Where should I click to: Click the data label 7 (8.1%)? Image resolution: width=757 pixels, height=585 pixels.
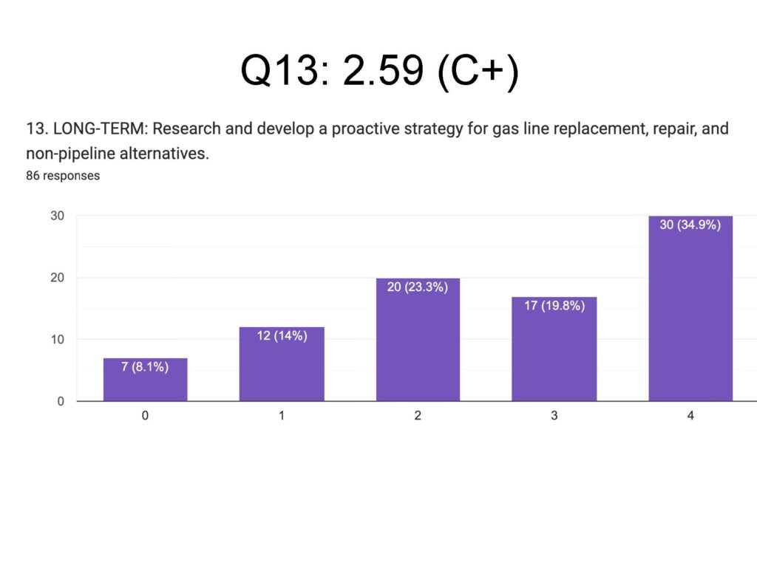pos(145,366)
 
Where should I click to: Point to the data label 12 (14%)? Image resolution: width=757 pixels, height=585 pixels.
pos(282,335)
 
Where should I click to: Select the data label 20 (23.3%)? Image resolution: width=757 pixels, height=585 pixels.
pos(418,287)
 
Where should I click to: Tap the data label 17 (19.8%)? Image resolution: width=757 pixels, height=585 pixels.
pos(554,305)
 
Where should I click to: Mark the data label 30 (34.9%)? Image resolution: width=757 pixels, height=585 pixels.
pos(690,225)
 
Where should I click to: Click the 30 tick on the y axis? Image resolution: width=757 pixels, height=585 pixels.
pos(57,216)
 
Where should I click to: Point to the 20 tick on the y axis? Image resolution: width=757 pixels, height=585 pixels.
pos(57,278)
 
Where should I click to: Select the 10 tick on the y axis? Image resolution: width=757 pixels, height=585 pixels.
pos(57,340)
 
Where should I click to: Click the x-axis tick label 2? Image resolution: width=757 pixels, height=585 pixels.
pos(418,416)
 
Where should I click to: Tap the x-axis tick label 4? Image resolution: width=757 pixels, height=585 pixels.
pos(690,416)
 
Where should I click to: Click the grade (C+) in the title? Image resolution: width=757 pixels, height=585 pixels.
pos(478,72)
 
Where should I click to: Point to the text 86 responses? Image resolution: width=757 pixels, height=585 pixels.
pos(63,176)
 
